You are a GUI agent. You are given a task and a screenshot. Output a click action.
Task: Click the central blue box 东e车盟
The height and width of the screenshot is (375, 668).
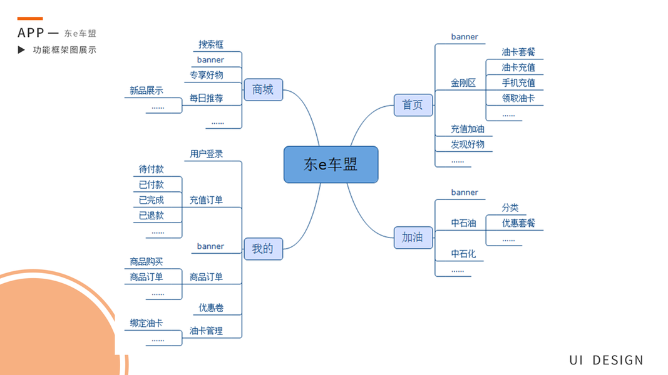[331, 164]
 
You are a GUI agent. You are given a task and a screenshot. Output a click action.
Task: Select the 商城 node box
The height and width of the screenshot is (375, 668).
[263, 90]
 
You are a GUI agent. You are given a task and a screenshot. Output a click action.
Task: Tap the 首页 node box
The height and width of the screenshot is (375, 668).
[413, 105]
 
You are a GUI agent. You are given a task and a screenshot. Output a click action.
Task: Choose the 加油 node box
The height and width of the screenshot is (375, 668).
[413, 237]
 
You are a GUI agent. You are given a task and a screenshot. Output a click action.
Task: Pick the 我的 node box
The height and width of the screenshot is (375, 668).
[263, 248]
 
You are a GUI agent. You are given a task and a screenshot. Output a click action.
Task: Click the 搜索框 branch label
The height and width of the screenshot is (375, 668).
[211, 44]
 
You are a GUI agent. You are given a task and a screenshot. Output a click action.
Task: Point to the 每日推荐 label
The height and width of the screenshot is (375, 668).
[206, 98]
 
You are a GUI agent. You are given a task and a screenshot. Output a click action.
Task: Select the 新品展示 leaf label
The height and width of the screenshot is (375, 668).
[146, 91]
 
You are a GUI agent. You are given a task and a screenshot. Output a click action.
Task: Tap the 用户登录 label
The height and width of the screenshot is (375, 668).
[206, 154]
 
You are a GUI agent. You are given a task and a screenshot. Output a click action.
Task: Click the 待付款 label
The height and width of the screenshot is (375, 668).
[151, 169]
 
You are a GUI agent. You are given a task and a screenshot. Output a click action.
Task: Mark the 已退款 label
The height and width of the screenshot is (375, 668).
[151, 216]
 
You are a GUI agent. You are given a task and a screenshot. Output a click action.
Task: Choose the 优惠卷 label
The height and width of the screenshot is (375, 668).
[211, 307]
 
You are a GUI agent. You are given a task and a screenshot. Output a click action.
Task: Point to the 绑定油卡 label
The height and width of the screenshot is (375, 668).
[146, 323]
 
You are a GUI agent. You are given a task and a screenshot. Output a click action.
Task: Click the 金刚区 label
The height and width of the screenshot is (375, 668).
[463, 82]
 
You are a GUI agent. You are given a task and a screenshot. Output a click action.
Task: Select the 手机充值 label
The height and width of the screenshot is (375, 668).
[518, 82]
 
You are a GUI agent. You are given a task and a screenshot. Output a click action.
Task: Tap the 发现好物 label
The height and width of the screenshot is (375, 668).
[468, 144]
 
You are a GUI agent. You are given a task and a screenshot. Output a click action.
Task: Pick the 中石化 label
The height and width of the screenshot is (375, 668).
[463, 254]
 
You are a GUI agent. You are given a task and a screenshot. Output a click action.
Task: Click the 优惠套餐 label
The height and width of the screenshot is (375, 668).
[518, 223]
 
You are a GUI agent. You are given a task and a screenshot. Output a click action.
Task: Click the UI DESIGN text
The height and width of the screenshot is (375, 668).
[606, 360]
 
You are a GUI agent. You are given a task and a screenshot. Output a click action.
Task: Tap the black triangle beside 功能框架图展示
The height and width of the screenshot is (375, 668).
[22, 50]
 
